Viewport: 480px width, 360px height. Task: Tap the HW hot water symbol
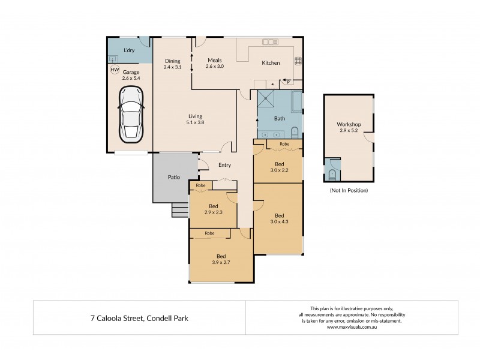[114, 70]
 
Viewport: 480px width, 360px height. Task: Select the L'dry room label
[128, 50]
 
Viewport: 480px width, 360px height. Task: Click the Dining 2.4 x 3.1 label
[172, 64]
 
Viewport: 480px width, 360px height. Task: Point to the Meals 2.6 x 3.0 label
[215, 63]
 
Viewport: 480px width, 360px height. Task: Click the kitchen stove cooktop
[298, 61]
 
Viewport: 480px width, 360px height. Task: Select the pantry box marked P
[288, 82]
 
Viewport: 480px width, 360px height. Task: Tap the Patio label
[174, 178]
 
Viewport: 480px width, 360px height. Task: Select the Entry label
[224, 165]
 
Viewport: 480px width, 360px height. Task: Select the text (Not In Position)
[349, 190]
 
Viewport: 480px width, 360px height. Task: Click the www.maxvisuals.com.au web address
[352, 327]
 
